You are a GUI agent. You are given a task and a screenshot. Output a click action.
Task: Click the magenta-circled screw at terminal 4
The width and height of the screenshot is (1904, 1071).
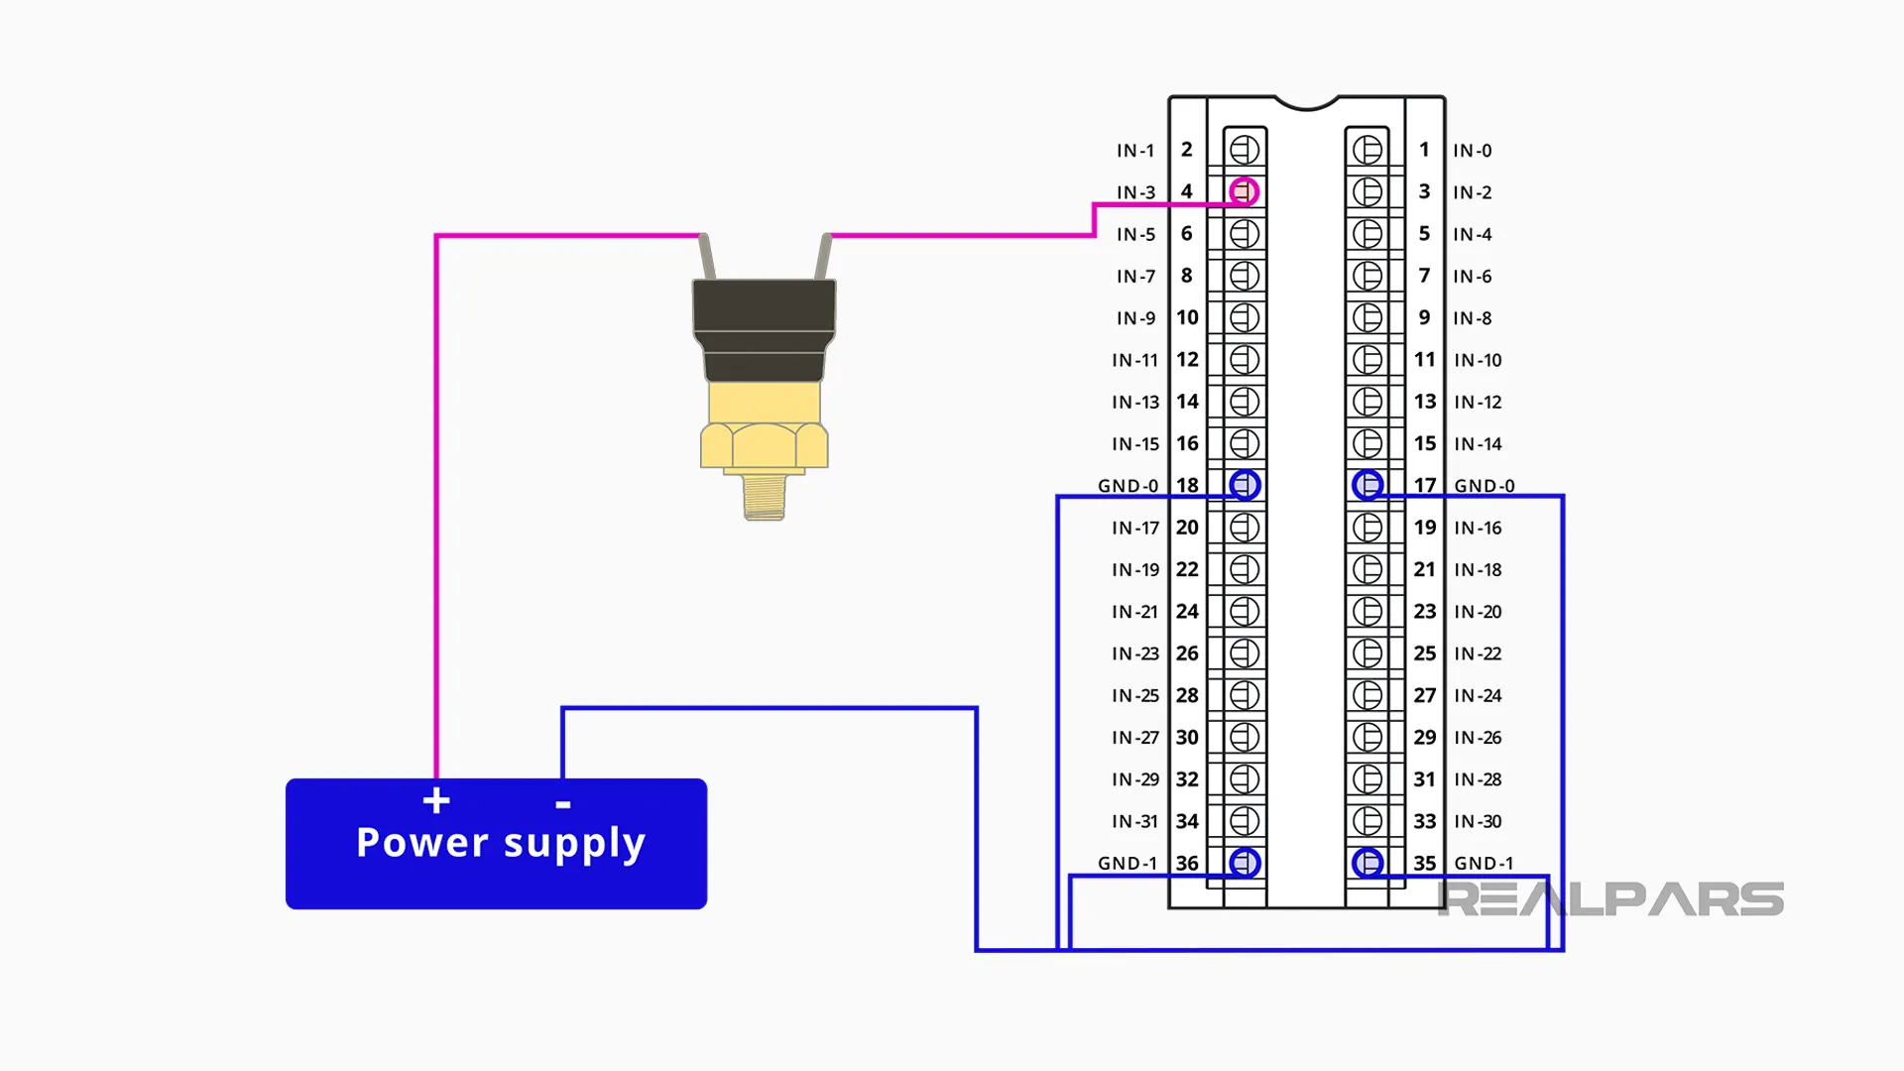click(1244, 191)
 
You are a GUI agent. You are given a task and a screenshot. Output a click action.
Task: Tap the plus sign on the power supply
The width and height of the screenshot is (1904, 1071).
click(436, 800)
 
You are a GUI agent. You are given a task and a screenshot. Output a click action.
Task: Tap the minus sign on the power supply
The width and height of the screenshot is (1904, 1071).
click(563, 804)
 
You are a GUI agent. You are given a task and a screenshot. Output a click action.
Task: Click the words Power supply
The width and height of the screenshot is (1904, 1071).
click(501, 843)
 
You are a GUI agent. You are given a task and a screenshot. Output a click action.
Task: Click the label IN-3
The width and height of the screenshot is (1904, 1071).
click(1135, 192)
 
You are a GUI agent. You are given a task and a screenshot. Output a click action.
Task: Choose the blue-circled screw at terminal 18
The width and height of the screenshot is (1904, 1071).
click(1245, 485)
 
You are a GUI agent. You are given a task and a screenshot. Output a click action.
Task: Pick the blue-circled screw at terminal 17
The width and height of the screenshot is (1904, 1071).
click(1368, 485)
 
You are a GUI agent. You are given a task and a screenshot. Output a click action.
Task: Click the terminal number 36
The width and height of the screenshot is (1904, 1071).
click(1187, 863)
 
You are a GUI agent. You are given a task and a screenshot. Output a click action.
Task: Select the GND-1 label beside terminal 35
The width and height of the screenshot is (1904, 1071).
click(1484, 863)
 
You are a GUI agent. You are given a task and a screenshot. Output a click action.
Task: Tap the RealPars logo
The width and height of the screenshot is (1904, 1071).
click(1610, 898)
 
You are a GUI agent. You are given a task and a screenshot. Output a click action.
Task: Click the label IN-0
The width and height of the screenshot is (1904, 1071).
click(1472, 151)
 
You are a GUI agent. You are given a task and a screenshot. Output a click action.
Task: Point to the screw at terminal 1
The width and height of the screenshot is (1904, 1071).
click(1368, 150)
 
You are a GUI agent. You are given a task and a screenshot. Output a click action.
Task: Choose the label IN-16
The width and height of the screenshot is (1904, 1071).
click(1478, 528)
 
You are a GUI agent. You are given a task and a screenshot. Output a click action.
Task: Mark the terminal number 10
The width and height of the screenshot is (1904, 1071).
click(1187, 317)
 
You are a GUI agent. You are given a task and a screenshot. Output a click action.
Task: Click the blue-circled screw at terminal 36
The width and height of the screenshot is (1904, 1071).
click(1245, 863)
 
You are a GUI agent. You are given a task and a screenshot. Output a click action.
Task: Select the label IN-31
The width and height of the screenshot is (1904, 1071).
click(1134, 821)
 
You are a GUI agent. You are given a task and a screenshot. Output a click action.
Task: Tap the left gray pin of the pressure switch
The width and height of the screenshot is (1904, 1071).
click(706, 257)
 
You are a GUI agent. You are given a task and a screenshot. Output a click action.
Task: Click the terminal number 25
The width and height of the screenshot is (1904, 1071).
click(1425, 654)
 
